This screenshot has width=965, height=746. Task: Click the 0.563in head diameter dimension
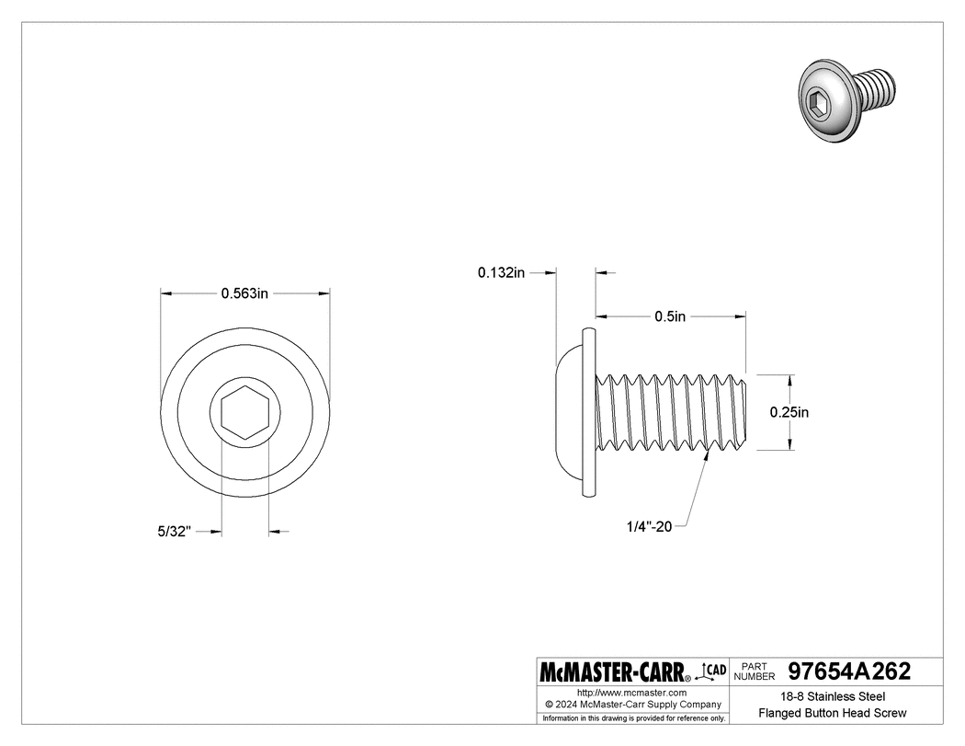[244, 293]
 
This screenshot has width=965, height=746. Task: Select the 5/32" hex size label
[173, 532]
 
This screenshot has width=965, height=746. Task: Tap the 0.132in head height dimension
[501, 272]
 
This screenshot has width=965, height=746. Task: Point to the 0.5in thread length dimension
[670, 316]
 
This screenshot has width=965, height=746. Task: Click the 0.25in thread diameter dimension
[789, 413]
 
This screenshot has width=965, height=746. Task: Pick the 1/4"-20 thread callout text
[651, 526]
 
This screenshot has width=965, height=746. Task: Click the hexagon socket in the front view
[245, 411]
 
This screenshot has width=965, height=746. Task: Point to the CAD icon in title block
[714, 671]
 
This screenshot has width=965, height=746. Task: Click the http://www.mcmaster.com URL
[631, 692]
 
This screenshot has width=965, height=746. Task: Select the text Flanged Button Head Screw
[833, 713]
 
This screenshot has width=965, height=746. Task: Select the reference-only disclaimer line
[634, 717]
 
